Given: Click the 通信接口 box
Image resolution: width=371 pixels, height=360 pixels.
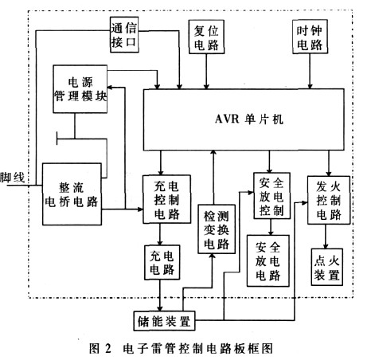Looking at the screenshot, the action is pyautogui.click(x=124, y=34).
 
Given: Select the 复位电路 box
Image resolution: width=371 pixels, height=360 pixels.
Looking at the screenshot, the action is pyautogui.click(x=206, y=37).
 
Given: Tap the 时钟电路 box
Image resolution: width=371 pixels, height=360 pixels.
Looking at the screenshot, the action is pyautogui.click(x=310, y=37).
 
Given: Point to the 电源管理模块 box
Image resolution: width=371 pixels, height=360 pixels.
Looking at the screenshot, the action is pyautogui.click(x=80, y=89).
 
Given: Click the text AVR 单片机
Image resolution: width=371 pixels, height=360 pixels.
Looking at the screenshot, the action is pyautogui.click(x=249, y=119).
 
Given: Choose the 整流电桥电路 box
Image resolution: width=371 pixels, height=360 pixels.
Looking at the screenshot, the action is pyautogui.click(x=72, y=194).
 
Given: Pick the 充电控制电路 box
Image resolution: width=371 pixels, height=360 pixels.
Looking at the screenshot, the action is pyautogui.click(x=166, y=199).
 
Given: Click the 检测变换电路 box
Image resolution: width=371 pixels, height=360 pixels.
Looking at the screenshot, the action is pyautogui.click(x=217, y=229).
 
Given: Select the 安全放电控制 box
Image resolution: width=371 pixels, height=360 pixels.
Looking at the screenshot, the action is pyautogui.click(x=271, y=196).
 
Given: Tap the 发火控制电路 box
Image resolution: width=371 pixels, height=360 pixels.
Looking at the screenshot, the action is pyautogui.click(x=329, y=200).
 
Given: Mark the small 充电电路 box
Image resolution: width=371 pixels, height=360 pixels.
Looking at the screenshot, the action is pyautogui.click(x=162, y=262).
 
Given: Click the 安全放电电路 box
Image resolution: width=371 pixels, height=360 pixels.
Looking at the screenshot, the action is pyautogui.click(x=268, y=260).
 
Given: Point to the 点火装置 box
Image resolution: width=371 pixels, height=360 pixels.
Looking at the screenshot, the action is pyautogui.click(x=326, y=267).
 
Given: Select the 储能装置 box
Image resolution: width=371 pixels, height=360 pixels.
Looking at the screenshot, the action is pyautogui.click(x=164, y=321).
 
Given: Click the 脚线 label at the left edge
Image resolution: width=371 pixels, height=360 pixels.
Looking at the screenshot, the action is pyautogui.click(x=12, y=178).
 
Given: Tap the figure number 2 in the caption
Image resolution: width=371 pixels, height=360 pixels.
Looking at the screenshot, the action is pyautogui.click(x=107, y=348).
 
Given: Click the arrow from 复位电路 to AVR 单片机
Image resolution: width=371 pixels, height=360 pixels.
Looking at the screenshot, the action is pyautogui.click(x=206, y=72).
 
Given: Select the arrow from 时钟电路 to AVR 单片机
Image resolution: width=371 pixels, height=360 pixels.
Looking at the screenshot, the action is pyautogui.click(x=310, y=72).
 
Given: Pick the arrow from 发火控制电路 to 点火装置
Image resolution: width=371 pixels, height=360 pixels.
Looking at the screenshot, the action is pyautogui.click(x=326, y=237).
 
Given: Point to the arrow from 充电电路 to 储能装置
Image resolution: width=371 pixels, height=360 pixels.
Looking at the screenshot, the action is pyautogui.click(x=160, y=295).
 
